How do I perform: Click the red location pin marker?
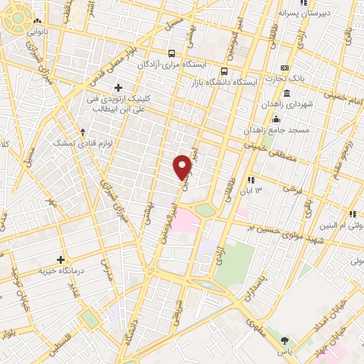[183, 166]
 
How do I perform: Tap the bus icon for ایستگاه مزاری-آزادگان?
[171, 53]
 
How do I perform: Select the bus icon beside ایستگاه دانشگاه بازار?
[224, 71]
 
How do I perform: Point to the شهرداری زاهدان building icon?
[287, 94]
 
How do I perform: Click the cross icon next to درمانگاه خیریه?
[60, 259]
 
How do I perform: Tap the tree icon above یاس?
[285, 341]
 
